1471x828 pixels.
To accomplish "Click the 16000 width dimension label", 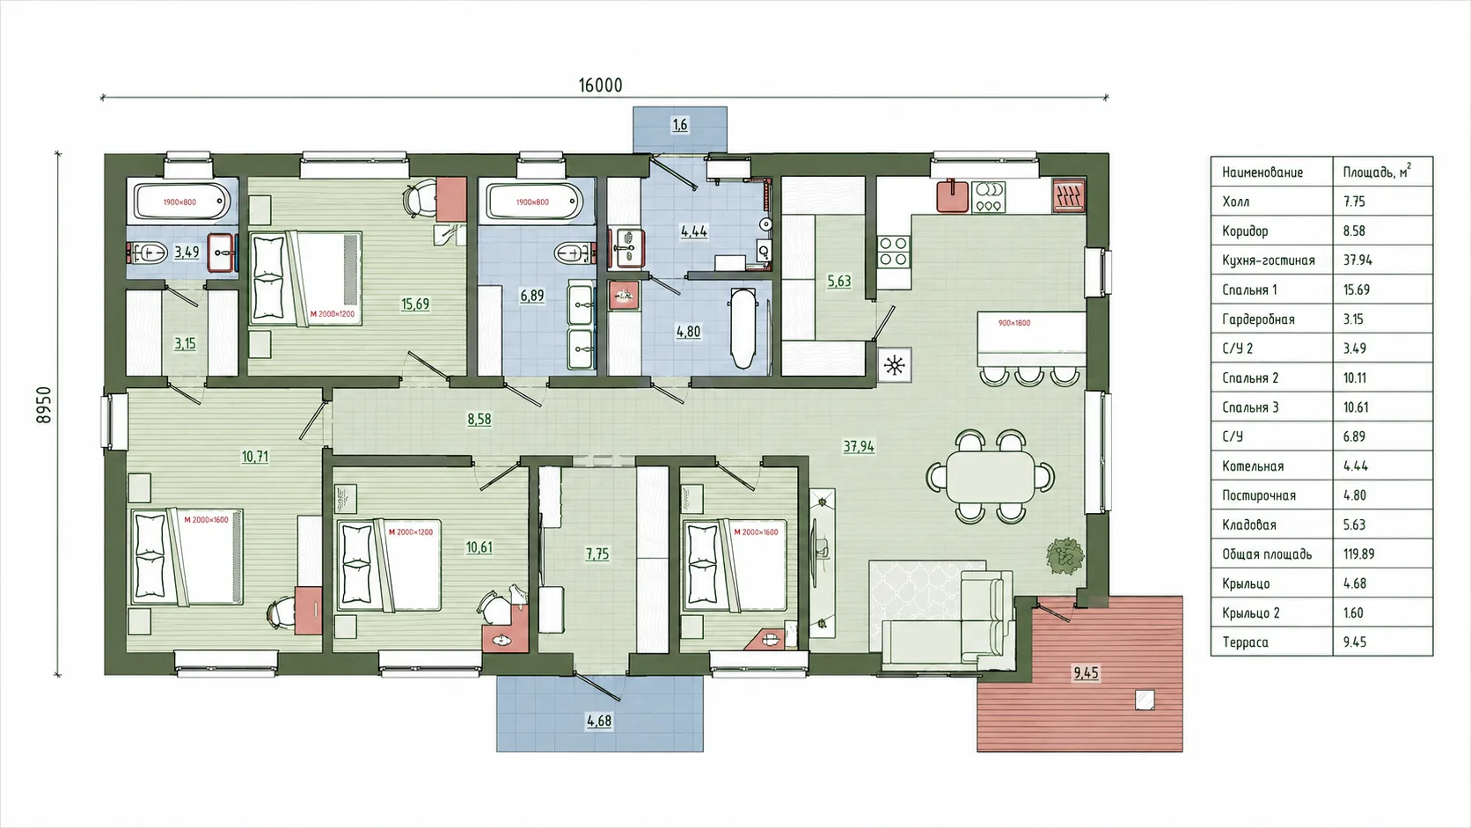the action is (600, 85).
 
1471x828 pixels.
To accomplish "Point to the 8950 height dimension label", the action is (43, 405).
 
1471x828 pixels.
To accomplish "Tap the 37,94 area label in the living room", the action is (859, 446).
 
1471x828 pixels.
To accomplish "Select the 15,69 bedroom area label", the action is (415, 304).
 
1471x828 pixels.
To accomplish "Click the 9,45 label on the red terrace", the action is (1086, 672).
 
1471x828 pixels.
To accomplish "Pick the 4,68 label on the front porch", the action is (599, 721).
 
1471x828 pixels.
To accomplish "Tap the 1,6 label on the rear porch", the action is (680, 125).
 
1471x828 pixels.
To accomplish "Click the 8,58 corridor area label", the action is (479, 419).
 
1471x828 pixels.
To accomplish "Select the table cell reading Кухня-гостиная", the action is (1268, 260).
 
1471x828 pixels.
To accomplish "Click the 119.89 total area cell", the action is (1358, 554).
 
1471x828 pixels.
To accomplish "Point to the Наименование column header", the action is (1262, 172).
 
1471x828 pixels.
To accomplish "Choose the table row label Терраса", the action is (1245, 642).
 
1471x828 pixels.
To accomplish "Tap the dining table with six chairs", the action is (991, 476).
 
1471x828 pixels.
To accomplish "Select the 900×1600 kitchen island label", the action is (1014, 323).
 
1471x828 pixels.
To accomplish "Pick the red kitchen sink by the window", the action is (952, 195).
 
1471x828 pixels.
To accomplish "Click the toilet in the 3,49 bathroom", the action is (148, 253).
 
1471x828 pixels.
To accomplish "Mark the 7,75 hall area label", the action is (597, 554).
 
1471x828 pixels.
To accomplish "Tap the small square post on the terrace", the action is (1145, 700).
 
